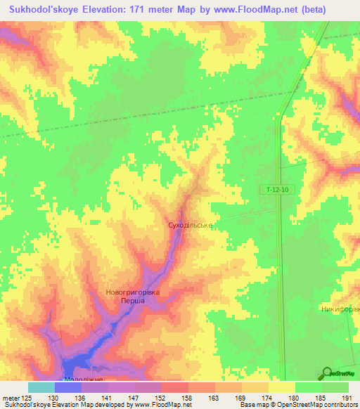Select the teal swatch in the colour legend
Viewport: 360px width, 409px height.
tap(41, 387)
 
